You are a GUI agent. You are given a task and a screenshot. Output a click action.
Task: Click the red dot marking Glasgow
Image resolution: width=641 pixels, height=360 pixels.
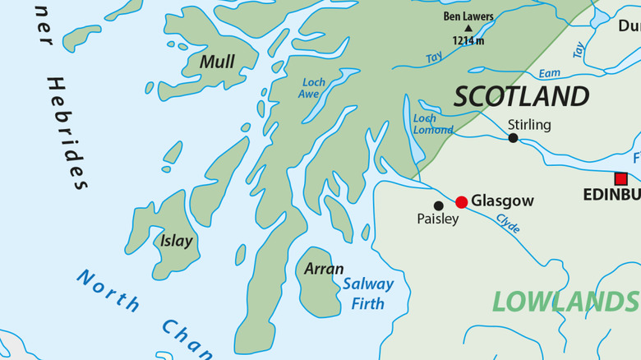(x=461, y=202)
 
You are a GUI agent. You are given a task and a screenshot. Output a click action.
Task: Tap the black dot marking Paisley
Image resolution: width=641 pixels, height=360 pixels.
(x=438, y=205)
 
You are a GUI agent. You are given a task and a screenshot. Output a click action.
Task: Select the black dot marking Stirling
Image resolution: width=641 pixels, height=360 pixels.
(x=513, y=138)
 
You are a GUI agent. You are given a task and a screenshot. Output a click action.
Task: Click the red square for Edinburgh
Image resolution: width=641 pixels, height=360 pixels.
(x=620, y=178)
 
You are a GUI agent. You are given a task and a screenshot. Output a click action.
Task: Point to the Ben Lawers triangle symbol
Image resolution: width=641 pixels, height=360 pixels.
(x=469, y=28)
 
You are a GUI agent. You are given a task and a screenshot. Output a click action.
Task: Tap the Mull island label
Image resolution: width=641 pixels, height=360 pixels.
(x=217, y=62)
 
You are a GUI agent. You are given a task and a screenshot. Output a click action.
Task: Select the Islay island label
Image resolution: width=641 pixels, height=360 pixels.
(x=176, y=241)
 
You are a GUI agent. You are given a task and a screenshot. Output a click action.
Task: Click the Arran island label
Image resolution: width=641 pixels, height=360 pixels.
(x=324, y=269)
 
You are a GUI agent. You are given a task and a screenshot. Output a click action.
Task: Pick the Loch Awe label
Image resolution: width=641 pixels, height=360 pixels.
(x=312, y=88)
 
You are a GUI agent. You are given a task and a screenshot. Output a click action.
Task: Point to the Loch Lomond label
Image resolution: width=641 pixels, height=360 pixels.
(x=431, y=124)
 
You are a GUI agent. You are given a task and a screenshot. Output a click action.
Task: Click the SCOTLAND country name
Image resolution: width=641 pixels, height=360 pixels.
(x=521, y=96)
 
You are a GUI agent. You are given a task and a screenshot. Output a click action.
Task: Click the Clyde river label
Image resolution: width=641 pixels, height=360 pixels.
(x=508, y=223)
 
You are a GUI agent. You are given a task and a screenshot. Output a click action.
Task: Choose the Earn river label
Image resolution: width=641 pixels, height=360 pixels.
(x=550, y=73)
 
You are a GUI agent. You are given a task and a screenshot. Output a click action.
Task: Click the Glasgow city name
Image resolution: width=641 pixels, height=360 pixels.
(x=502, y=201)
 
